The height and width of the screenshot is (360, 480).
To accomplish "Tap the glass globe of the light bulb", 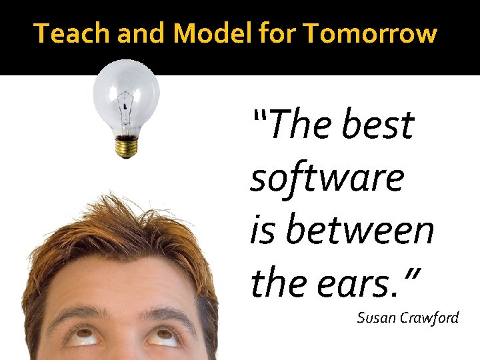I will click(x=126, y=90).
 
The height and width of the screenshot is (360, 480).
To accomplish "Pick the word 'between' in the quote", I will click(x=361, y=231).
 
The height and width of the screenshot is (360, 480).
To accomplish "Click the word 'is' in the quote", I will click(x=259, y=231).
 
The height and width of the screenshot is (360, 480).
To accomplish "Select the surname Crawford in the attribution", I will click(x=430, y=317).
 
